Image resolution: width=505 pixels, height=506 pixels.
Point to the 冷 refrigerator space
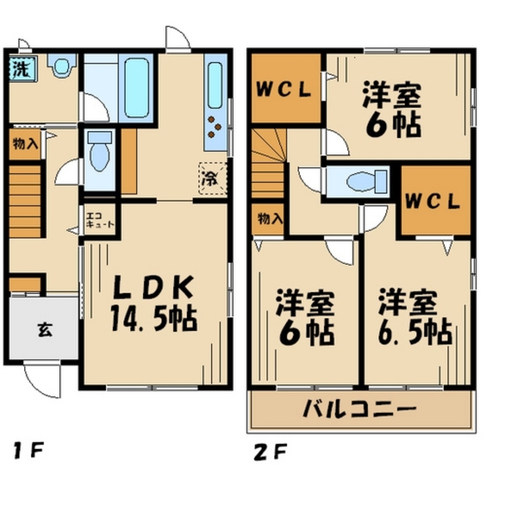(x=212, y=177)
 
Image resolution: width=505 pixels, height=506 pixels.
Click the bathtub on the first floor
(x=137, y=87)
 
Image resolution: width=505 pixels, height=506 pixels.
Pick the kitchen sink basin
(x=215, y=86)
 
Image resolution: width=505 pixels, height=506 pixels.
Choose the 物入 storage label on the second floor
(x=268, y=219)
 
